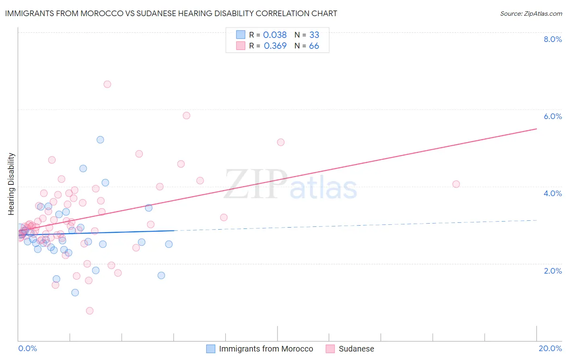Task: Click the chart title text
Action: coord(171,13)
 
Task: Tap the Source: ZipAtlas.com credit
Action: coord(531,13)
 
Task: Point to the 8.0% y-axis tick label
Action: coord(552,39)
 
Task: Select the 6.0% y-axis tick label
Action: coord(552,116)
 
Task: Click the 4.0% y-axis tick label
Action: coord(552,193)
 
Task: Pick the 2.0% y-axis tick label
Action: coord(552,271)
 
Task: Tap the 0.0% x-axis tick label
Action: coord(27,348)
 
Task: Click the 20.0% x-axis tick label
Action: coord(550,348)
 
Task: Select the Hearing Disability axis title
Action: coord(11,184)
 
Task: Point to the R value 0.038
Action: coord(275,35)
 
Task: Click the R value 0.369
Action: coord(275,46)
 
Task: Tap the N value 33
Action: coord(314,35)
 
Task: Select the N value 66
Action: coord(314,46)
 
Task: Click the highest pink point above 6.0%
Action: coord(107,84)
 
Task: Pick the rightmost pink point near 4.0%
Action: coord(456,184)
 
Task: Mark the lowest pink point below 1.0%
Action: coord(90,311)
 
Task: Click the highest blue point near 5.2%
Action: coord(100,140)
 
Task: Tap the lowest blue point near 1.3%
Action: coord(75,293)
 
